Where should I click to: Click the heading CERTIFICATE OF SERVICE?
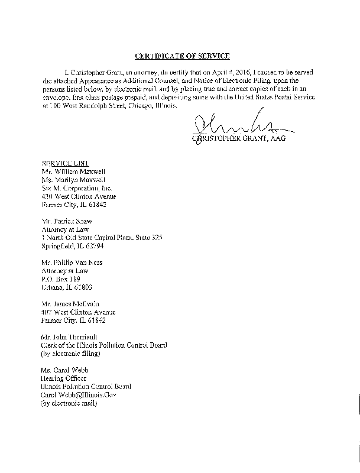pos(182,56)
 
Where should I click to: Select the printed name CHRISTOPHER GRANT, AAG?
pos(235,138)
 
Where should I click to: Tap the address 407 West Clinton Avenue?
pos(79,312)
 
